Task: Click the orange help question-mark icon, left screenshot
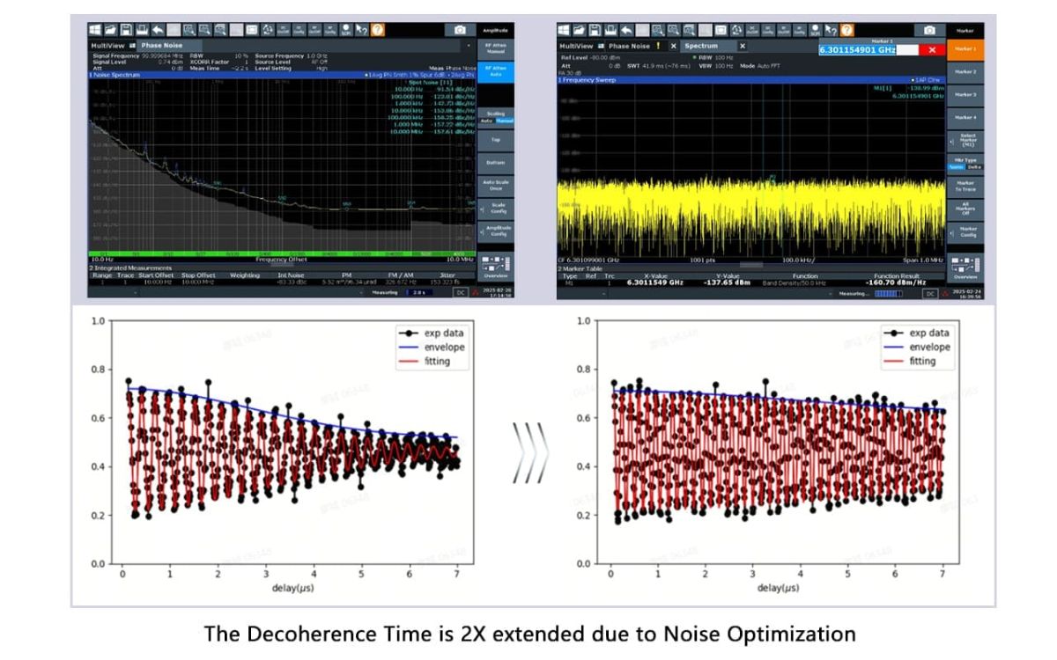(x=378, y=30)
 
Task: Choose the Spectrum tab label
(x=702, y=46)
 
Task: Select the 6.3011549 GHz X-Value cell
(x=654, y=282)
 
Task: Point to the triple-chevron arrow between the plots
(x=530, y=453)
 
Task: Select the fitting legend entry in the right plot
(x=922, y=361)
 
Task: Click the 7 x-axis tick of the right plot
(x=942, y=574)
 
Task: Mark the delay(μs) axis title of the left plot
(x=292, y=587)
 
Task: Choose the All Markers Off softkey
(x=966, y=209)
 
